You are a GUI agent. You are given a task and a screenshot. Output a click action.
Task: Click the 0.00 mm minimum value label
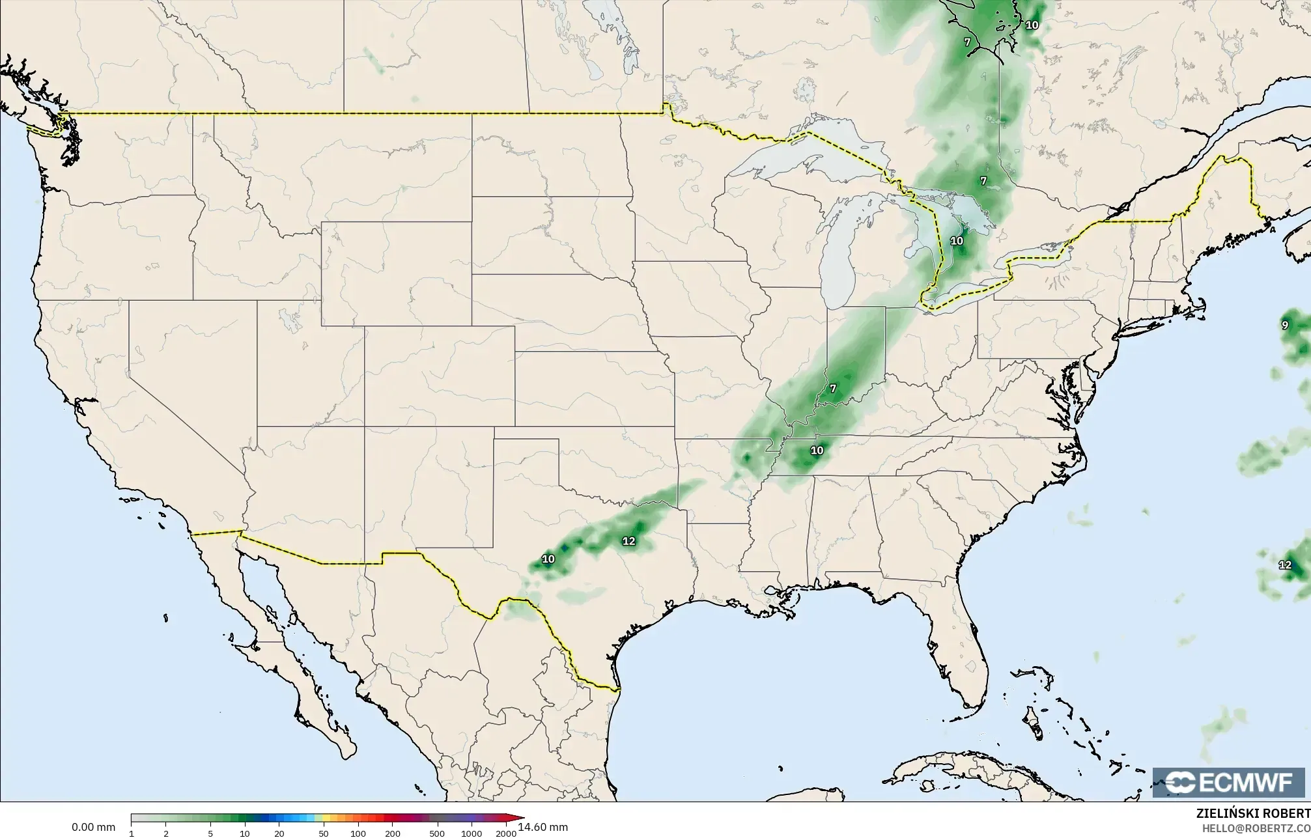coord(93,827)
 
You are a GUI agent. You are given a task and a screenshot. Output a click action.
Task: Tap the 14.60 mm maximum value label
coord(543,827)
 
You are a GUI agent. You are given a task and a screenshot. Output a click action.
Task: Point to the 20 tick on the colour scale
coord(279,833)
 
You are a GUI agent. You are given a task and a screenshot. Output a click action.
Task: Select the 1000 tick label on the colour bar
coord(472,833)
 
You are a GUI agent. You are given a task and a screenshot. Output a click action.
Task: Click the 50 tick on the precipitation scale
coord(323,833)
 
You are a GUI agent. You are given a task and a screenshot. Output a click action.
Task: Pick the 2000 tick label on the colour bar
coord(506,833)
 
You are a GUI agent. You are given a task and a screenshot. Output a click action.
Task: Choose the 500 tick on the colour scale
coord(437,833)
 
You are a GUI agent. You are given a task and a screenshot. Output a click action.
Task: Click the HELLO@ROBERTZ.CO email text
coord(1256,828)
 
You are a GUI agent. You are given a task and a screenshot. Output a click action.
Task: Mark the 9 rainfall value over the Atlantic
coord(1285,325)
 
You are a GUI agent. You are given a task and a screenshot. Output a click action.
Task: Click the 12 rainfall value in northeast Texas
coord(628,541)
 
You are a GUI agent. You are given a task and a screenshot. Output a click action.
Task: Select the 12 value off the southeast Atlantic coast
coord(1285,565)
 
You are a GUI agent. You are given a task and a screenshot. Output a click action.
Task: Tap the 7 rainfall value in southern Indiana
coord(832,389)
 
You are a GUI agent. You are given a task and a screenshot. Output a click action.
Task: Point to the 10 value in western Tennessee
coord(817,450)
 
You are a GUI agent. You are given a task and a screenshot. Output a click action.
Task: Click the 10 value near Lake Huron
coord(956,241)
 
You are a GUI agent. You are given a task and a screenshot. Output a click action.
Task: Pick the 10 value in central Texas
coord(548,559)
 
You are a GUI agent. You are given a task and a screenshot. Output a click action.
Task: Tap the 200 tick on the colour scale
coord(392,833)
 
